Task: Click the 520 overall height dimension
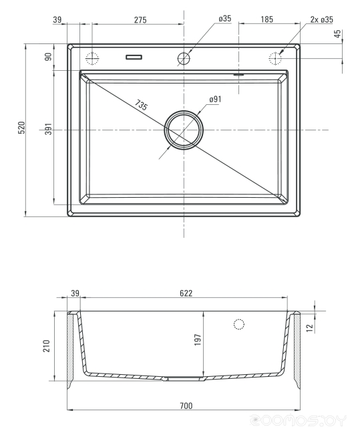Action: coord(22,128)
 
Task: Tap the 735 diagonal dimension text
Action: coord(141,105)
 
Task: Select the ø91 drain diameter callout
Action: coord(215,100)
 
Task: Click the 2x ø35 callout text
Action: coord(322,19)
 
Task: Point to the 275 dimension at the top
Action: coord(140,19)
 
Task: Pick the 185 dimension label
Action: coord(266,19)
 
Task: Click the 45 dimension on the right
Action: coord(337,34)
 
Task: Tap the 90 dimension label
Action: coord(49,57)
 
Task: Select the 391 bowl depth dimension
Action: coord(49,129)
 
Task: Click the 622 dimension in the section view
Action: coord(186,293)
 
